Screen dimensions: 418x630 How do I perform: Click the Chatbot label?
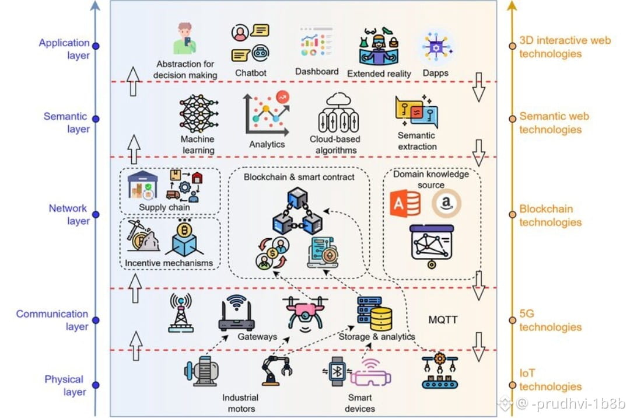(x=251, y=73)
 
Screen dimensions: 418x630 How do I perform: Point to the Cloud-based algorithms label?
(x=335, y=144)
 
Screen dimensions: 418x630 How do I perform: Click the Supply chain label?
(x=164, y=207)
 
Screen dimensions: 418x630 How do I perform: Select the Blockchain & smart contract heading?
(x=299, y=176)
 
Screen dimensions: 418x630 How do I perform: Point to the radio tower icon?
(x=181, y=312)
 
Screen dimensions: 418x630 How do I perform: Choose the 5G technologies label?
(x=550, y=320)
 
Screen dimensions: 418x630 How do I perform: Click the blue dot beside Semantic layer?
(x=96, y=119)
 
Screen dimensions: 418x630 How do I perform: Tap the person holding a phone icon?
(x=185, y=39)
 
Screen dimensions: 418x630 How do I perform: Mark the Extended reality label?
(x=379, y=74)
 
